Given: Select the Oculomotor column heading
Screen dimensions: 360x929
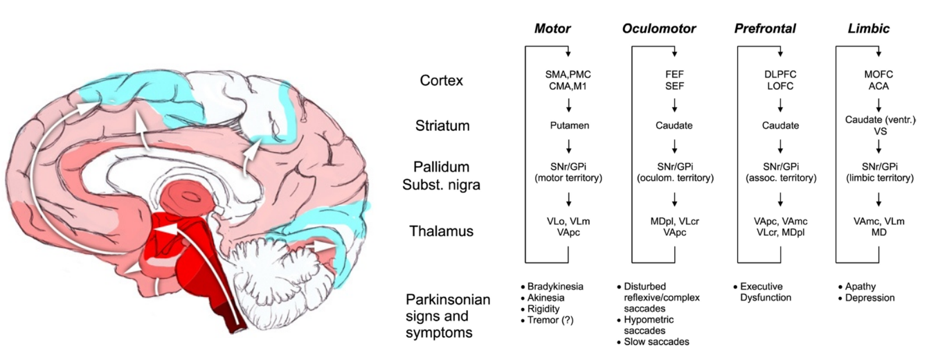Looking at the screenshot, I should coord(658,28).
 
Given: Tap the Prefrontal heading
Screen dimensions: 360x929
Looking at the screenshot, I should coord(764,28).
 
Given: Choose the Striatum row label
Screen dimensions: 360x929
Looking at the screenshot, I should coord(448,126).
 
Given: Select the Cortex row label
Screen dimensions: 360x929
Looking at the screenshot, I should coord(442,80).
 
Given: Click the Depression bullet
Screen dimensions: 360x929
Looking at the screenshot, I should coord(871,298).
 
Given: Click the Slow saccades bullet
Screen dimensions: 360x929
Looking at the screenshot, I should coord(659,341).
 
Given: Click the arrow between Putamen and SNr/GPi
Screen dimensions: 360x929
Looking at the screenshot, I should coord(568,147).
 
